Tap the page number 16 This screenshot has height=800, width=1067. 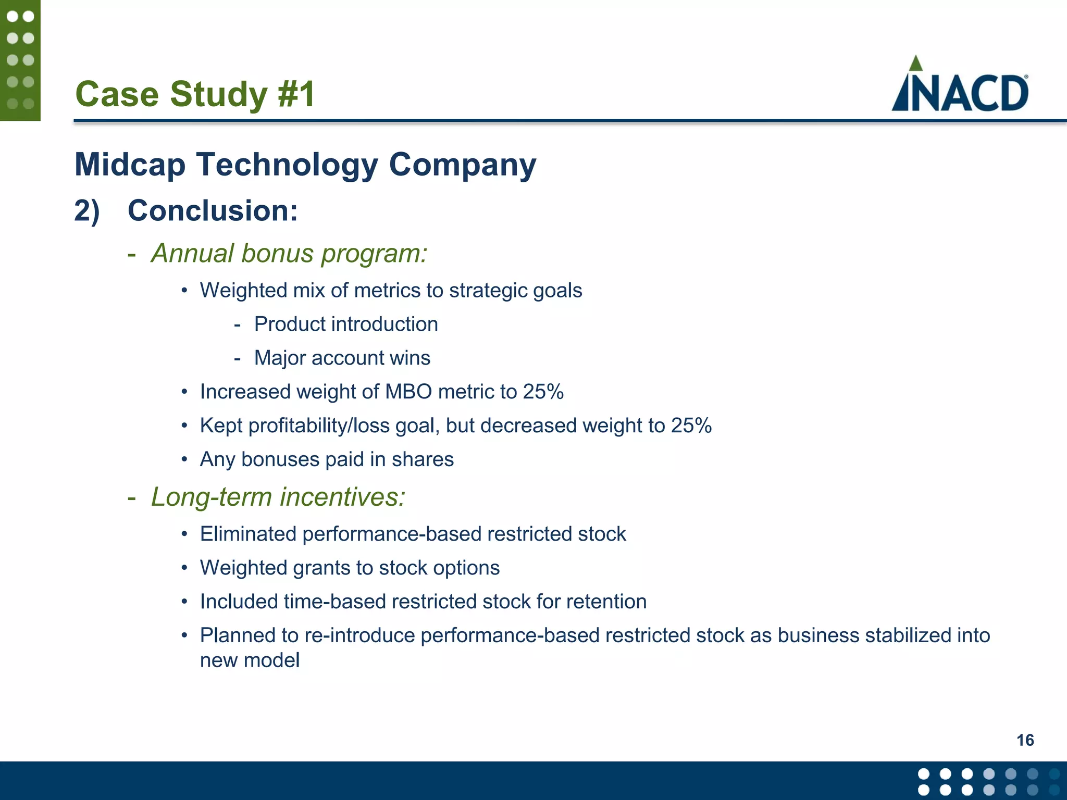pyautogui.click(x=1025, y=740)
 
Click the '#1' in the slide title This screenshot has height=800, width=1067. pyautogui.click(x=296, y=94)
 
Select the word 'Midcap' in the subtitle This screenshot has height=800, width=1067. pyautogui.click(x=130, y=165)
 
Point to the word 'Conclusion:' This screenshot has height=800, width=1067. pyautogui.click(x=213, y=211)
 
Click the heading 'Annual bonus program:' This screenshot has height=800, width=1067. pyautogui.click(x=289, y=254)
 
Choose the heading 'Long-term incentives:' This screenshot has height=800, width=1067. pyautogui.click(x=278, y=497)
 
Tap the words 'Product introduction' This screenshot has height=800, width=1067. pyautogui.click(x=346, y=324)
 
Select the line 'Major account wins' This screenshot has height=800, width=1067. pyautogui.click(x=342, y=358)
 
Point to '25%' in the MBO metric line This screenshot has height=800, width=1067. pyautogui.click(x=543, y=392)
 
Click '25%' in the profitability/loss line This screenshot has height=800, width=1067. pyautogui.click(x=691, y=426)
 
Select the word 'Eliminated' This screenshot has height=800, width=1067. pyautogui.click(x=248, y=534)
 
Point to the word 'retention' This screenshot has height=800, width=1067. pyautogui.click(x=606, y=602)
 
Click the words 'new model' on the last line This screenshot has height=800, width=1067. pyautogui.click(x=250, y=661)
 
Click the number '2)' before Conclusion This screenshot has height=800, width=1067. pyautogui.click(x=86, y=211)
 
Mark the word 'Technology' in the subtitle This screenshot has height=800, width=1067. pyautogui.click(x=287, y=165)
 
